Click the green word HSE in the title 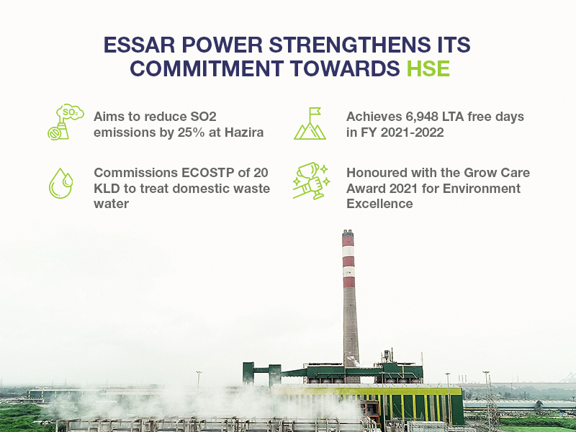coord(428,68)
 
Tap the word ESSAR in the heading coord(139,45)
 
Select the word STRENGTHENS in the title coord(346,45)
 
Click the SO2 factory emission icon coord(66,122)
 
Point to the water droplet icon coord(61,184)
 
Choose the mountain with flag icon coord(310,123)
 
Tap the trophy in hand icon coord(311,181)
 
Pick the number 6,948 coord(422,117)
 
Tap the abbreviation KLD coord(107,189)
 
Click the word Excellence coord(379,204)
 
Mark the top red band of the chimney coord(348,241)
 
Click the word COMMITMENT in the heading coord(207,68)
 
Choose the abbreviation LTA coord(453,117)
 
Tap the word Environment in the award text coord(482,189)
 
